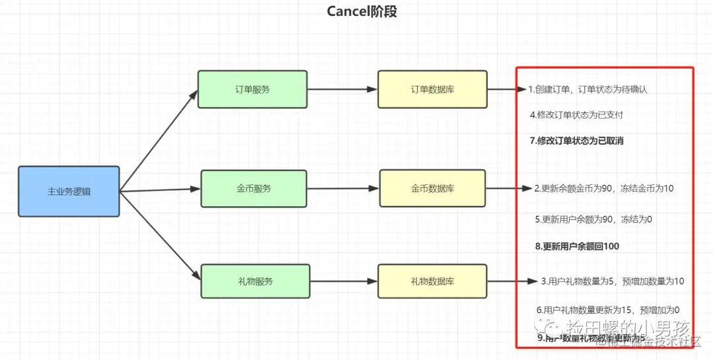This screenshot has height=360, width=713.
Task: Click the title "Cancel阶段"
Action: pyautogui.click(x=362, y=11)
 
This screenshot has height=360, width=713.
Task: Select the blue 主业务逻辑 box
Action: pyautogui.click(x=69, y=192)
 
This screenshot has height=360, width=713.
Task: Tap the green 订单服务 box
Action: pyautogui.click(x=252, y=89)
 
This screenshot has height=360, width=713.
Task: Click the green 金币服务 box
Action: pyautogui.click(x=254, y=189)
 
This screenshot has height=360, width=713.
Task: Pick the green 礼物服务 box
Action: pyautogui.click(x=254, y=281)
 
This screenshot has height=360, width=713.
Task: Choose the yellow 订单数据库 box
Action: pyautogui.click(x=432, y=89)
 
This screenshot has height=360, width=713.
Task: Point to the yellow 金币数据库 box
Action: pyautogui.click(x=432, y=189)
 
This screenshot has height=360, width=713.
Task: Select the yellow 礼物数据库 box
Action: pyautogui.click(x=432, y=281)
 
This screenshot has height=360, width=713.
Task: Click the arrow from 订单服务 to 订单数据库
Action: pyautogui.click(x=342, y=89)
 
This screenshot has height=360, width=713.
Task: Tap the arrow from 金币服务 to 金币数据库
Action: pyautogui.click(x=343, y=189)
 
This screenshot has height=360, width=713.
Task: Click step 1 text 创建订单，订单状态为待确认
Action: pyautogui.click(x=588, y=89)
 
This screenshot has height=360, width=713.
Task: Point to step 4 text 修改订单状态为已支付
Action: pyautogui.click(x=576, y=114)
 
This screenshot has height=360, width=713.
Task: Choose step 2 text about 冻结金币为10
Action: pyautogui.click(x=603, y=188)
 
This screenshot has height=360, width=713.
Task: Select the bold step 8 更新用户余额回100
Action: pyautogui.click(x=577, y=246)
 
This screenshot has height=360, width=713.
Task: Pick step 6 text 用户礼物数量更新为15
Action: pyautogui.click(x=608, y=309)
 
